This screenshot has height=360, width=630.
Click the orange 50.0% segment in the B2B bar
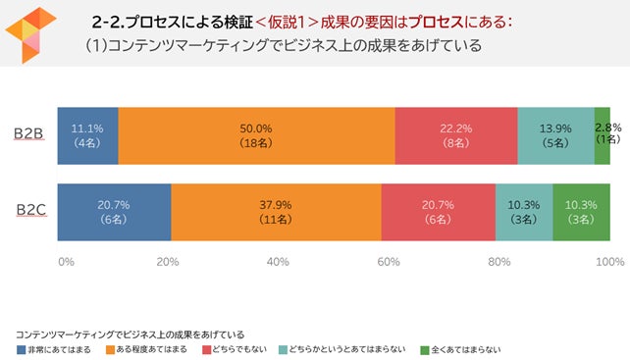coord(256,135)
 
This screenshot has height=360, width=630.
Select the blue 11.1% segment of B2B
coord(87,135)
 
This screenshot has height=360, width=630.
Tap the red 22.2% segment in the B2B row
coord(455,135)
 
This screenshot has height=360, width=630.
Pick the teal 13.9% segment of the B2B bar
coord(555,135)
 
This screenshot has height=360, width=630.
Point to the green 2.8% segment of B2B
coord(603,135)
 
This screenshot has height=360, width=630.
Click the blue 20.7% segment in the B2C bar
coord(114,211)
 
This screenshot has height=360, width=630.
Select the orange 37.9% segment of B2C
coord(276,211)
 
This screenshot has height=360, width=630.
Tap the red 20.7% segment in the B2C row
coord(438,211)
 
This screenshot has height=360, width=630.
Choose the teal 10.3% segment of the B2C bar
coord(523,211)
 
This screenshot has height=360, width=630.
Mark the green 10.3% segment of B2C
coord(581,211)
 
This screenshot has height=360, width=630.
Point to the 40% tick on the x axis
coord(278,262)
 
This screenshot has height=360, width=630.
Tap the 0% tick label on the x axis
coord(66,262)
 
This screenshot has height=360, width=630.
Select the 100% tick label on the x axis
coord(609,262)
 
